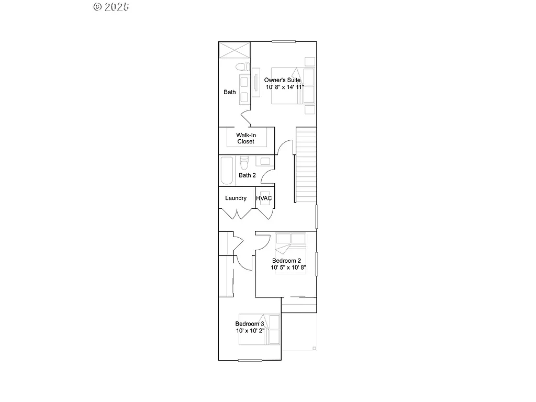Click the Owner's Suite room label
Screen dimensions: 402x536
[x=282, y=80]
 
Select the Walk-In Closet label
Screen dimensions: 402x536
[x=245, y=138]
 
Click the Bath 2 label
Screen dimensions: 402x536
[x=247, y=175]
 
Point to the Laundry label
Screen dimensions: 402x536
[x=236, y=198]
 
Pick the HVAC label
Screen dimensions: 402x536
[x=264, y=198]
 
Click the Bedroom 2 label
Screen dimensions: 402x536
[x=286, y=261]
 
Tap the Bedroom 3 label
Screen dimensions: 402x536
[x=250, y=324]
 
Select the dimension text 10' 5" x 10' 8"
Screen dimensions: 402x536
[x=288, y=267]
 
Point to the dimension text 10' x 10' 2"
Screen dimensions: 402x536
[x=250, y=331]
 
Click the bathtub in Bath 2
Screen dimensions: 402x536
[x=227, y=171]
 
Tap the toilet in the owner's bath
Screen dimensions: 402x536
[x=241, y=67]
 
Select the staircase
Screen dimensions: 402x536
[x=306, y=164]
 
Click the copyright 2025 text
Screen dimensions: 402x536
[x=111, y=7]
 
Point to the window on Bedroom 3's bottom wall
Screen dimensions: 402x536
[x=250, y=360]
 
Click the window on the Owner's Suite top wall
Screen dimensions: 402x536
[x=283, y=41]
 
